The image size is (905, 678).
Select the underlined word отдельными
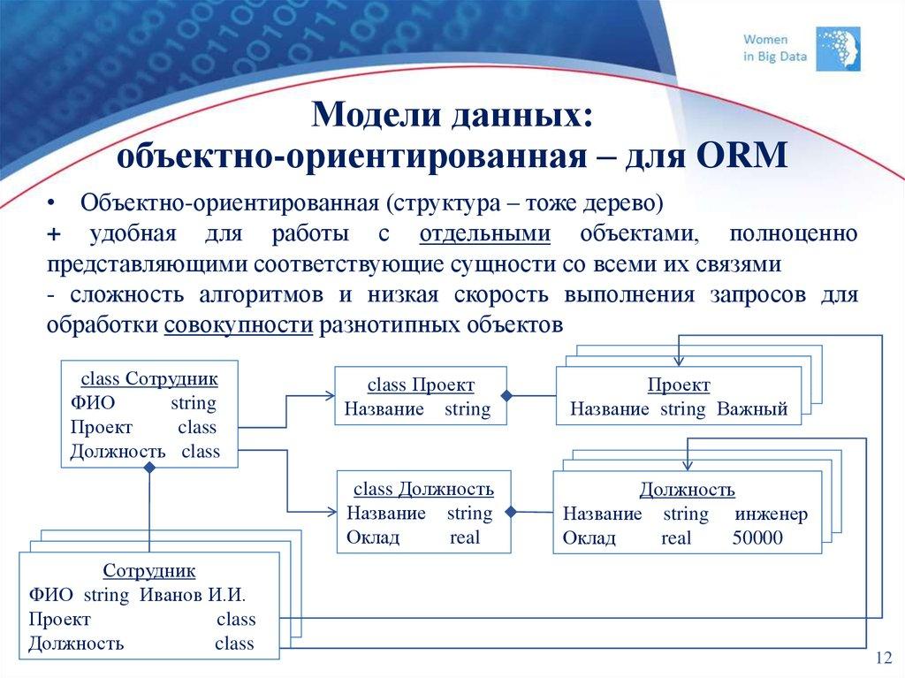pyautogui.click(x=485, y=233)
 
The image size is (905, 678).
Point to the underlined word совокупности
pyautogui.click(x=239, y=324)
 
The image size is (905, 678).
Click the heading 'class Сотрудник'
pyautogui.click(x=149, y=378)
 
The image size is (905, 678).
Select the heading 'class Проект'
pyautogui.click(x=421, y=385)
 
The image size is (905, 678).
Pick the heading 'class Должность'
pyautogui.click(x=423, y=489)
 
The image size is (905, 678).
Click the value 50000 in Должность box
pyautogui.click(x=757, y=537)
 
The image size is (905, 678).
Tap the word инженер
pyautogui.click(x=771, y=514)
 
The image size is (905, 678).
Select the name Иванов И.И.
pyautogui.click(x=192, y=595)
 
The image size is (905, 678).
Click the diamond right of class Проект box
pyautogui.click(x=507, y=396)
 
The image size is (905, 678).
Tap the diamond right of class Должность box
pyautogui.click(x=511, y=511)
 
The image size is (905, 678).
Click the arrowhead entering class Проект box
pyautogui.click(x=330, y=396)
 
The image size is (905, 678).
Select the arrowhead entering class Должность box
pyautogui.click(x=332, y=511)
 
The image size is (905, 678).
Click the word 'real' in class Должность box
pyautogui.click(x=465, y=537)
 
